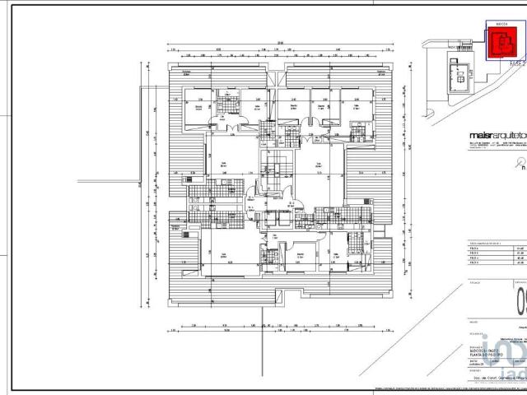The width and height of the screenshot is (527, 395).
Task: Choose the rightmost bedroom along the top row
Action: pos(356,111)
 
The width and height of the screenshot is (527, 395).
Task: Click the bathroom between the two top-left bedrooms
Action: pos(225,106)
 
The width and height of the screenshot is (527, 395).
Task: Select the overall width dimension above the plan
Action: pos(280,44)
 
